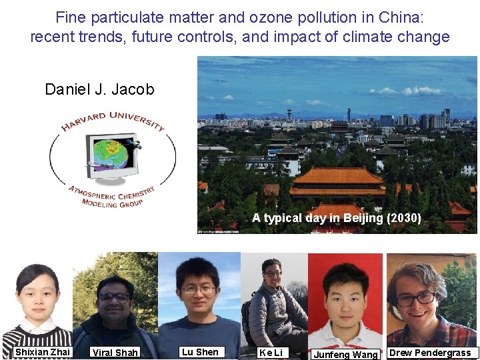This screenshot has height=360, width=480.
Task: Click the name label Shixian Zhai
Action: point(43,352)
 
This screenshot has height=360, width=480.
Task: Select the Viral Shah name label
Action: point(115,353)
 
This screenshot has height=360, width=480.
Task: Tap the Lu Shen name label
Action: point(200,352)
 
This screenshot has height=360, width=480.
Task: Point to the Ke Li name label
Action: point(271,353)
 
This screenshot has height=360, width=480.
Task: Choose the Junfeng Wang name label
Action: point(345,355)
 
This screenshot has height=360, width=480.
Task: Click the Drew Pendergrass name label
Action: point(430,353)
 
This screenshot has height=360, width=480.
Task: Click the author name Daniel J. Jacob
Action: point(99,89)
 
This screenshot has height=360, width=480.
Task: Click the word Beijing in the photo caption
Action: point(361,218)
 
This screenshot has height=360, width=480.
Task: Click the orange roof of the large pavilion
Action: point(338,176)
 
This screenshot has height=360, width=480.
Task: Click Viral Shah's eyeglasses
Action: point(114,297)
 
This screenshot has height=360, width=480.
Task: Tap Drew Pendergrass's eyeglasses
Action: point(416,298)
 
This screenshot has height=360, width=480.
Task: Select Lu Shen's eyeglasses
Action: point(198,289)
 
